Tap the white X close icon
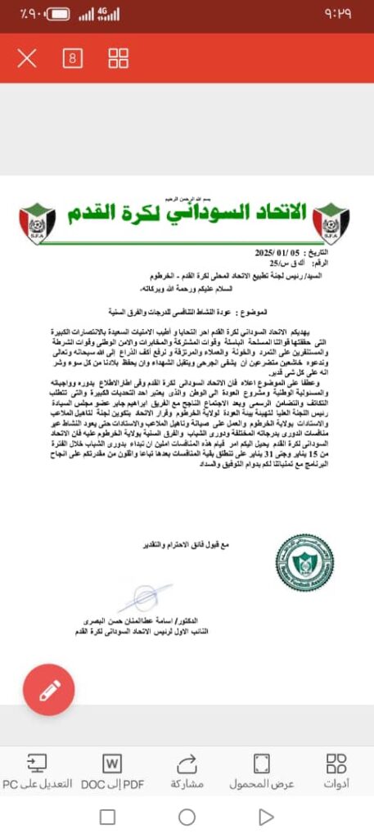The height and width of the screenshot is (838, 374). tap(27, 58)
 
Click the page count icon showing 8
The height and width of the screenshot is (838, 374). tap(73, 58)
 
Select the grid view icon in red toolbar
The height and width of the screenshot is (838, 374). tap(119, 58)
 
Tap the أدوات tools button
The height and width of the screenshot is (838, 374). tap(336, 772)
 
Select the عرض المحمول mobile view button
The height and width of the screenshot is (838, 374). tap(261, 772)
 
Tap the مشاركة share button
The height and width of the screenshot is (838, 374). tap(187, 772)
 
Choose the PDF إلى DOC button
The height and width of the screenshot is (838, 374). tap(112, 772)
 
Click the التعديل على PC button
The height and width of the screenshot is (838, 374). tap(37, 772)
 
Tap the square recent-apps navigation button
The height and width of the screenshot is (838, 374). tap(107, 817)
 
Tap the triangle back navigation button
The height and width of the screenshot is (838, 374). tap(266, 817)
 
